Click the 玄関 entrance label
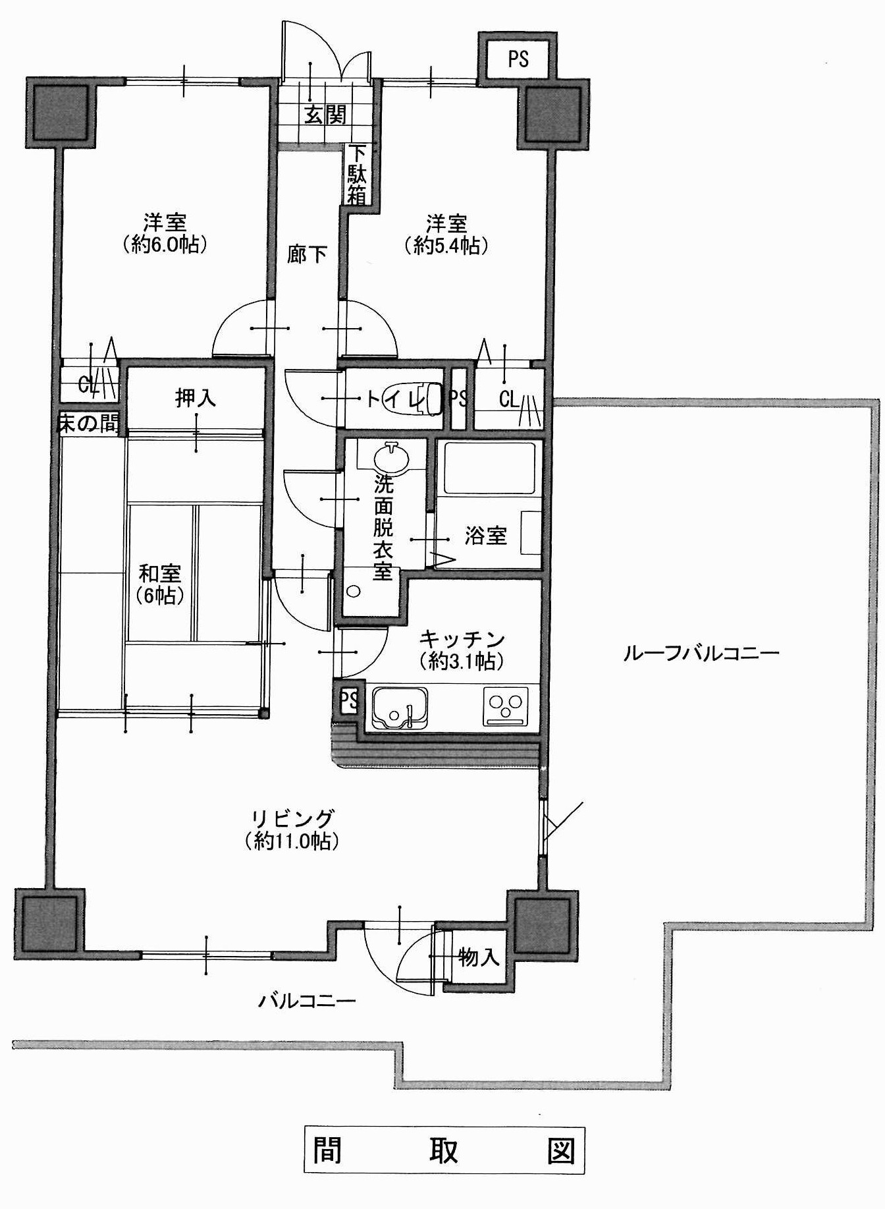pos(325,115)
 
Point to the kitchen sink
pos(399,708)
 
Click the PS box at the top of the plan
pos(518,59)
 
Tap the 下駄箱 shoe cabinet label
pos(357,175)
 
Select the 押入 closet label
pos(195,398)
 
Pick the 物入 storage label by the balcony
pos(479,956)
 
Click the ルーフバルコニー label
pos(701,653)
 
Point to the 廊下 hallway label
pos(307,254)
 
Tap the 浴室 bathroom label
pos(485,536)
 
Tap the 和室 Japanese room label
pos(159,574)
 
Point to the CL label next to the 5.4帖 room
pos(509,399)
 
